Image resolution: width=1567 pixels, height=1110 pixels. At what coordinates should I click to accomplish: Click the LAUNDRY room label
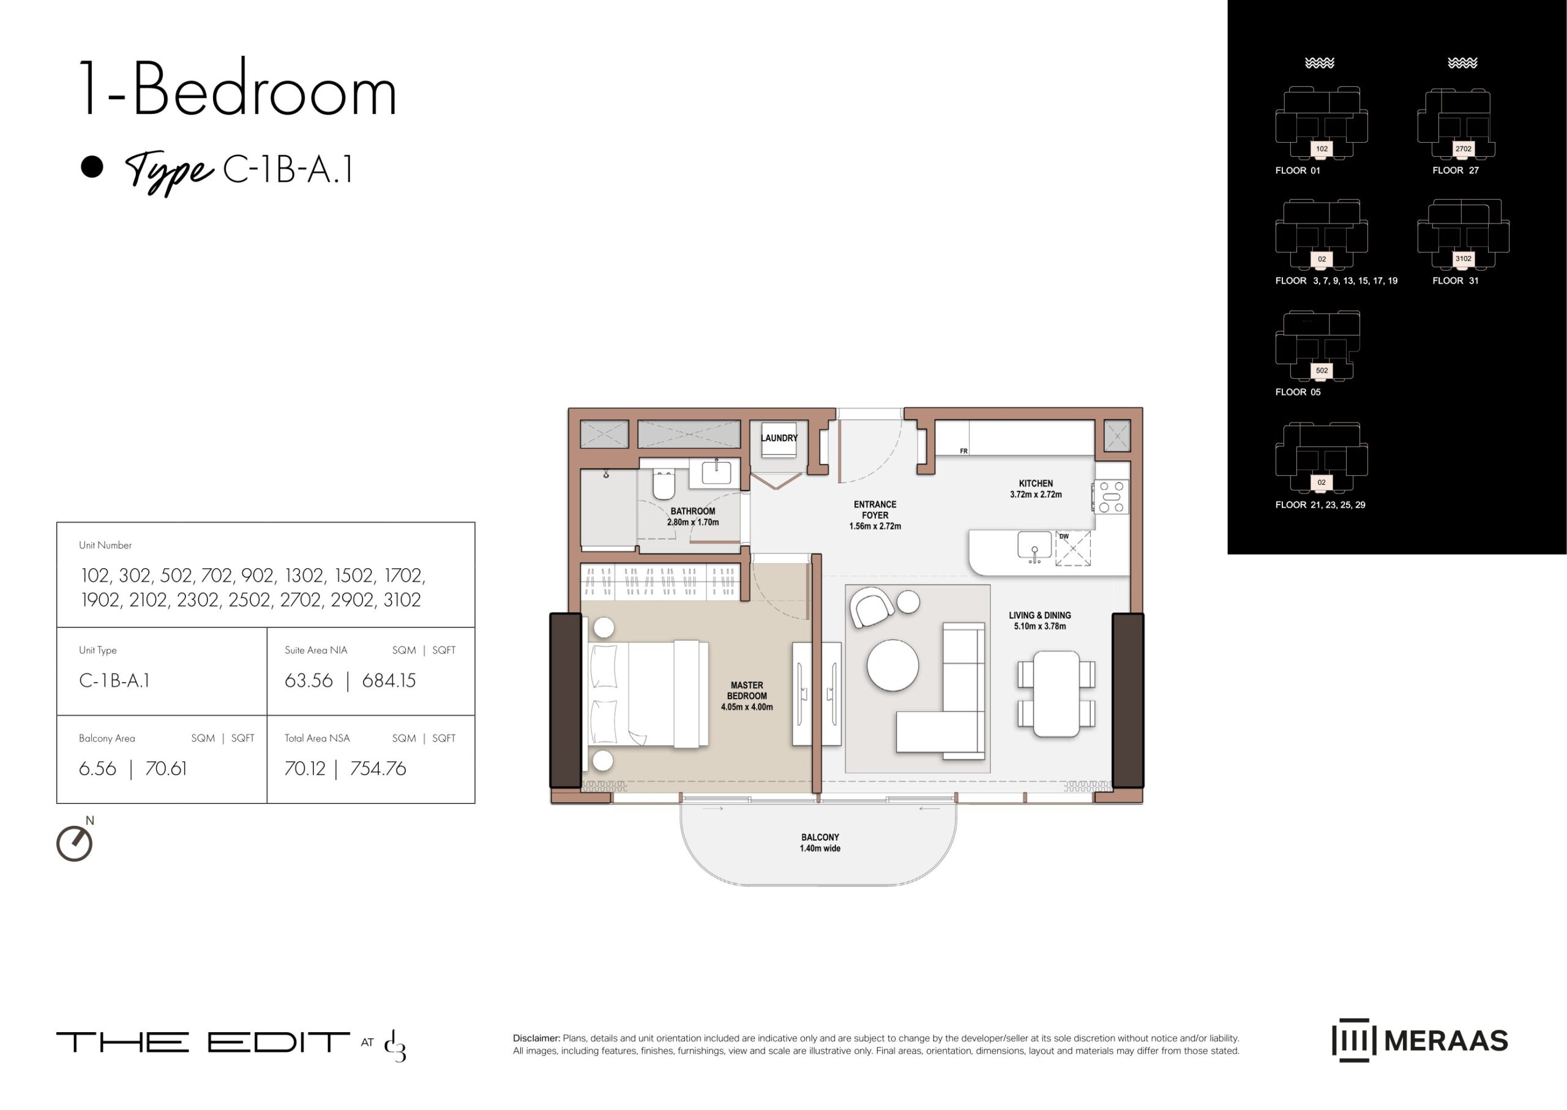pos(779,438)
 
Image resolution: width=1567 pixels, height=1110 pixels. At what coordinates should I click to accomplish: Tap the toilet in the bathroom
pos(664,483)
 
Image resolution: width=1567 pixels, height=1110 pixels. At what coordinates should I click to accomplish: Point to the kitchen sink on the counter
pos(1034,546)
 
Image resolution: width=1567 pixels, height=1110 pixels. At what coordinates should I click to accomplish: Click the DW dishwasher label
pos(1064,536)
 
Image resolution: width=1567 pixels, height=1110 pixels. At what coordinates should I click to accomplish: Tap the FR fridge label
pos(963,451)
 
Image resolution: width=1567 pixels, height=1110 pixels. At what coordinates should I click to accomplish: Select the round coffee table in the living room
pos(892,665)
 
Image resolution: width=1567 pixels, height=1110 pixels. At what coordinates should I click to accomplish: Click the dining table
pos(1057,694)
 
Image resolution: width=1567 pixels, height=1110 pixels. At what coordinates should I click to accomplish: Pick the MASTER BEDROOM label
pos(747,696)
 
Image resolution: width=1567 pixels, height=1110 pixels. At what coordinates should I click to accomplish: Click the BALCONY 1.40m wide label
pos(820,842)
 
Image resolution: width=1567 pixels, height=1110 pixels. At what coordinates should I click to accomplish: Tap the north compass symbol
pos(75,842)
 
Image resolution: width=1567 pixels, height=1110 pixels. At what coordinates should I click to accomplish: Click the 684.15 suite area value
pos(389,681)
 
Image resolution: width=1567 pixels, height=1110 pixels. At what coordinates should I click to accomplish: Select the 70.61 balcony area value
pos(165,769)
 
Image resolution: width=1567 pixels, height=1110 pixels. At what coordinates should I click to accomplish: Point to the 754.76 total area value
pos(378,769)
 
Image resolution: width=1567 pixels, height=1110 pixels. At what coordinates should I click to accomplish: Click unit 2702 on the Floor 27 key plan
pos(1463,148)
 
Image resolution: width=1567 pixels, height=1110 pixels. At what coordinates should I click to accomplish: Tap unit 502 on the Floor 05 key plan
pos(1322,370)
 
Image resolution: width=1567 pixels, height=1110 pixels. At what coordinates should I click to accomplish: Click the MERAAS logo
pos(1420,1040)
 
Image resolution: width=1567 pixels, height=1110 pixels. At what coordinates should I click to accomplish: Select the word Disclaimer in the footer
pos(536,1038)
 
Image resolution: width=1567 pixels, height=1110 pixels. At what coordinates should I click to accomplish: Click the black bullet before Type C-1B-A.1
pos(92,167)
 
